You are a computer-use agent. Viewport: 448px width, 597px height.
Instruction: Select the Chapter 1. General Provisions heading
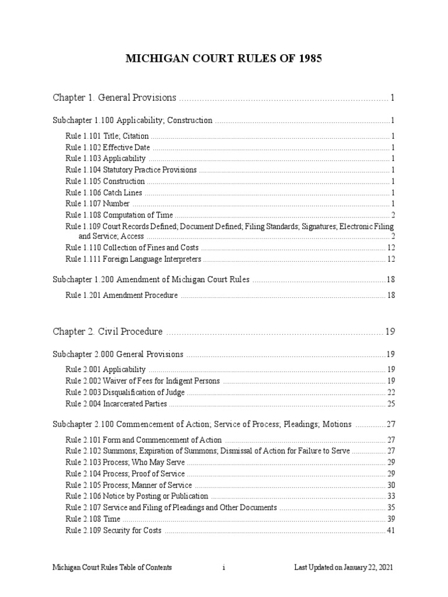coord(114,97)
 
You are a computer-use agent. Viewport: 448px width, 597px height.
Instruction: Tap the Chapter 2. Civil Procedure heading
coord(108,331)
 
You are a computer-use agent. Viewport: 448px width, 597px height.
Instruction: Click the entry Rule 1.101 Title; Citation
coord(107,136)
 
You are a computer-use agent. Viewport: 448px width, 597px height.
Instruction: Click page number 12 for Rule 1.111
coord(391,259)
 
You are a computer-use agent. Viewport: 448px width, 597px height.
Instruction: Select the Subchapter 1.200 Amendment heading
coord(151,280)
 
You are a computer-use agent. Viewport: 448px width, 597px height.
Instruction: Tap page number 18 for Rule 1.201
coord(391,296)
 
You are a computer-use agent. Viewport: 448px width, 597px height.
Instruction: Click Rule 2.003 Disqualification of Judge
coord(125,392)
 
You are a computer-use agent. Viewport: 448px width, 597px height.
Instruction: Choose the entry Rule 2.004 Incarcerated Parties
coord(116,403)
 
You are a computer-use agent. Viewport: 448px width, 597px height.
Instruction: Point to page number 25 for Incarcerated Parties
coord(391,403)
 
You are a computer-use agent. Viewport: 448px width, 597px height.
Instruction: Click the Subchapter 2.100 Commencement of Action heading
coord(202,424)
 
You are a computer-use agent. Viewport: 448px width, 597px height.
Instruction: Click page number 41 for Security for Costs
coord(391,530)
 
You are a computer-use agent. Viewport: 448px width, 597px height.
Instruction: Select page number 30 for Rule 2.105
coord(391,485)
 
